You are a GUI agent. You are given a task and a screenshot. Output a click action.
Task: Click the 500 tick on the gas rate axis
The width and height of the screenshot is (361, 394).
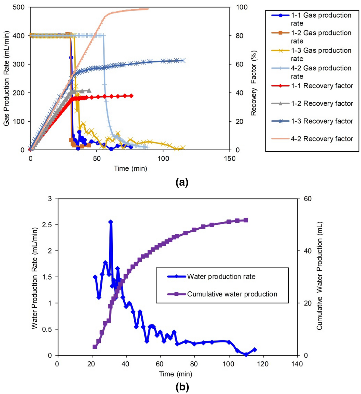click(x=19, y=7)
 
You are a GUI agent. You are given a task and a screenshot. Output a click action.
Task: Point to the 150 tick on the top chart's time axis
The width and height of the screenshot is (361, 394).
click(x=230, y=159)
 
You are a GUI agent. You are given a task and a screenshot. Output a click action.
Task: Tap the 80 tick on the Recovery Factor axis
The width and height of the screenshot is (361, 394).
click(x=239, y=36)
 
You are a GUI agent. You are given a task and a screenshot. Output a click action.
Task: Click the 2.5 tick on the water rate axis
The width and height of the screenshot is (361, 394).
click(x=46, y=225)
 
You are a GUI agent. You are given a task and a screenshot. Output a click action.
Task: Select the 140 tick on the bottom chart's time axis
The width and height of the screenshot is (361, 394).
click(x=297, y=364)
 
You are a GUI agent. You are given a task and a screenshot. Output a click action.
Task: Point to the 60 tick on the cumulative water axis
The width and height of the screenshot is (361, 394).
click(x=307, y=199)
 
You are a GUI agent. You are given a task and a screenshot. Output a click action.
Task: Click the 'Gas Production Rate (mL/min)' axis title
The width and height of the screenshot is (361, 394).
click(x=6, y=78)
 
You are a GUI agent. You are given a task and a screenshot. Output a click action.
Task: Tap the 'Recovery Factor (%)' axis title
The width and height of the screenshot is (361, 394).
click(x=253, y=83)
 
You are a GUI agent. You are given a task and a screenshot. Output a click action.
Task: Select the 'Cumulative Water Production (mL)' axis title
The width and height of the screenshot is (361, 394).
click(x=319, y=276)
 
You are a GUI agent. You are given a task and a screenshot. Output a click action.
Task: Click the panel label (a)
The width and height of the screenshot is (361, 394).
click(x=182, y=182)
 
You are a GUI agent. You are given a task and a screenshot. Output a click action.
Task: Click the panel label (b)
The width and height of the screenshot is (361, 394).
click(x=182, y=387)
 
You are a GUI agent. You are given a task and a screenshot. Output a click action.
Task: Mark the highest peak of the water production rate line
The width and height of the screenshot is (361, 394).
click(x=111, y=222)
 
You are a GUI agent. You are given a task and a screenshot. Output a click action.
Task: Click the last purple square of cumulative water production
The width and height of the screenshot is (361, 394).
click(x=246, y=220)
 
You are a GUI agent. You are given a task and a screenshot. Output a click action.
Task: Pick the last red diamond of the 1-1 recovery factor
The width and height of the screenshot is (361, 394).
click(x=131, y=96)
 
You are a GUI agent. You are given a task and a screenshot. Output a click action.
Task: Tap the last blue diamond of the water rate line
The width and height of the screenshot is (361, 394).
click(x=255, y=350)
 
